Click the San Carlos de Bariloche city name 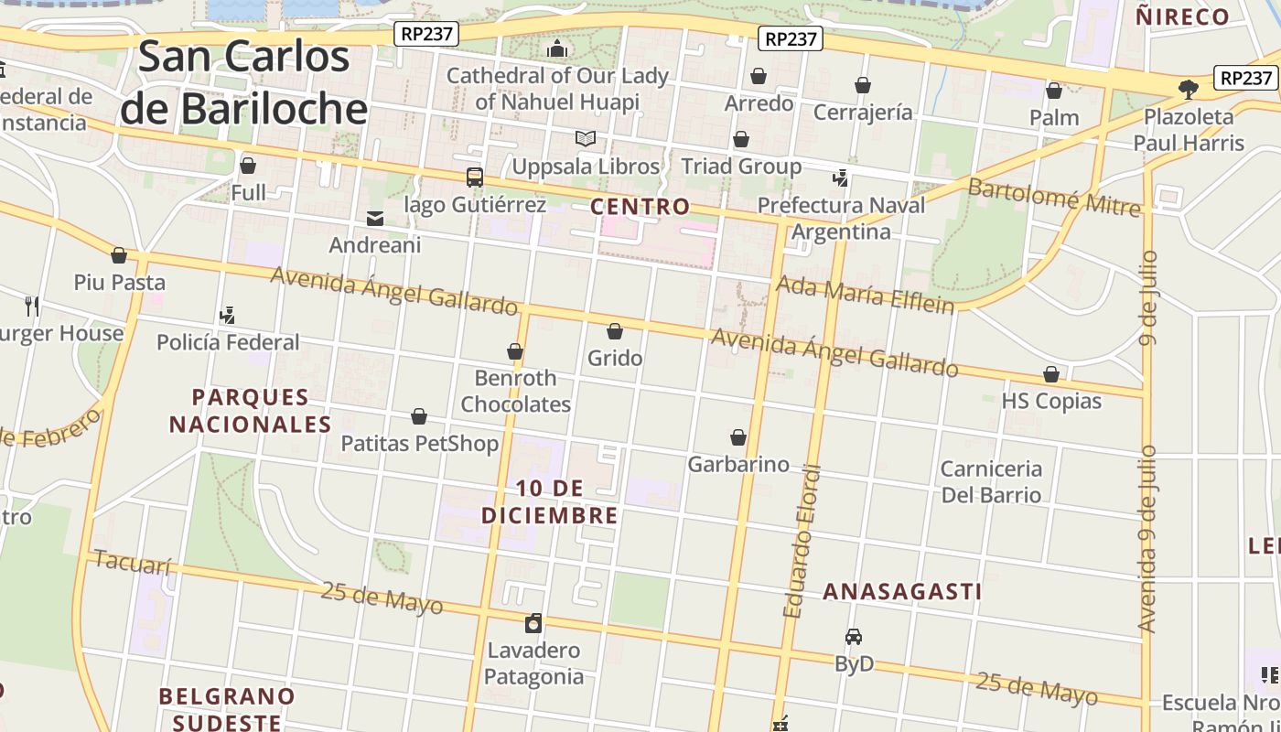[x=243, y=82]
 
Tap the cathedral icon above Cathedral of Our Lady [x=557, y=48]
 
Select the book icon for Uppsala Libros [x=586, y=139]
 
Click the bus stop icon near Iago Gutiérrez [x=474, y=177]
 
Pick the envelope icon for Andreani [x=375, y=219]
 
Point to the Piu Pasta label [x=119, y=282]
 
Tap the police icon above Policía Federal [x=228, y=316]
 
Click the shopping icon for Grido [x=615, y=331]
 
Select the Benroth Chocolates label [x=515, y=391]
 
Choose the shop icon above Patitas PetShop [x=419, y=417]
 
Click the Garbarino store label [x=737, y=464]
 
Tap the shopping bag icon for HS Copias [x=1051, y=375]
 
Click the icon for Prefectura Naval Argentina [x=841, y=178]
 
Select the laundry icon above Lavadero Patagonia [x=533, y=624]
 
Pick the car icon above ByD [x=854, y=637]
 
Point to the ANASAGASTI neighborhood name [x=902, y=591]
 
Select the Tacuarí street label [x=133, y=562]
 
